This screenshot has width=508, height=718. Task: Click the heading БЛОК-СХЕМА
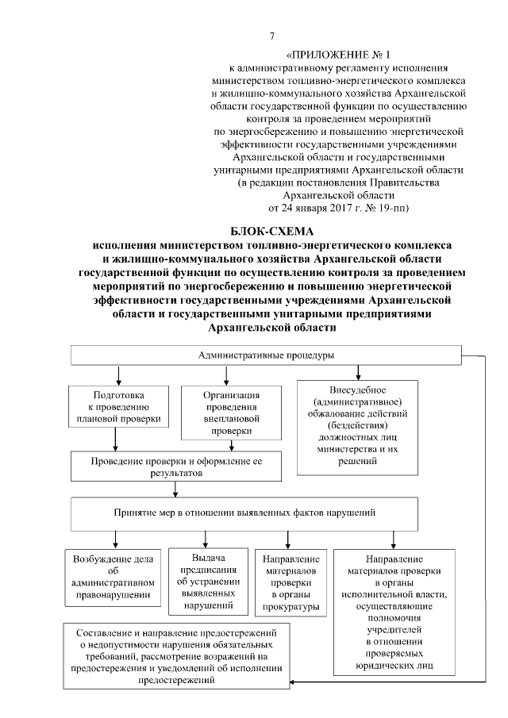coord(272,231)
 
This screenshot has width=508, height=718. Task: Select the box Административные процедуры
coord(265,355)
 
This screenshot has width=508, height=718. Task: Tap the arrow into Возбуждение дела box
coord(116,543)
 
